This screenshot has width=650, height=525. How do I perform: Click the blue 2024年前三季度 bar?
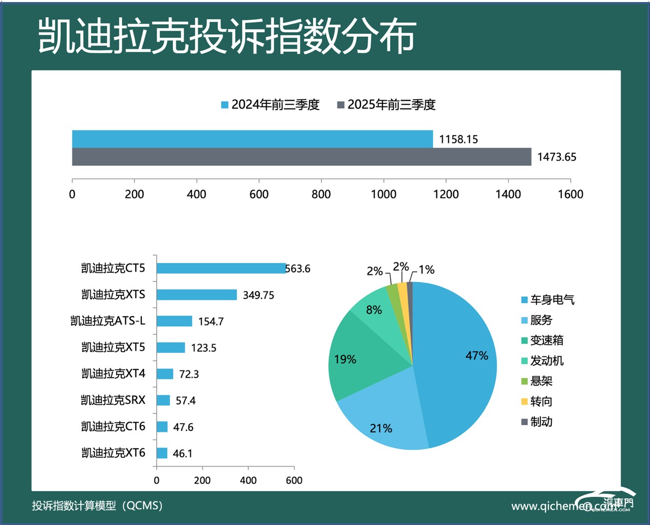[252, 139]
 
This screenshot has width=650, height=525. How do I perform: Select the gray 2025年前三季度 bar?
[301, 157]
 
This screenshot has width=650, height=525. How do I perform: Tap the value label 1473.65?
[556, 157]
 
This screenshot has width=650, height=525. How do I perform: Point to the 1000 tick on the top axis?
[383, 194]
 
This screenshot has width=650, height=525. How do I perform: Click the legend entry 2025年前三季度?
[386, 105]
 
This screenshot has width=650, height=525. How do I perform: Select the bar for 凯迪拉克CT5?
[221, 268]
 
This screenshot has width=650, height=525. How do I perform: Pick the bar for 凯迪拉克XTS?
[197, 295]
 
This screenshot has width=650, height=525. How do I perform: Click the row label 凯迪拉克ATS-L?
[108, 321]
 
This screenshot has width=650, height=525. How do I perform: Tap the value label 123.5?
[204, 348]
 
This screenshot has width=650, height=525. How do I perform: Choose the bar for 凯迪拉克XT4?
[165, 374]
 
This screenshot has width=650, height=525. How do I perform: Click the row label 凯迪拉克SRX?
[113, 400]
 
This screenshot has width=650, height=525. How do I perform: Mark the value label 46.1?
[182, 453]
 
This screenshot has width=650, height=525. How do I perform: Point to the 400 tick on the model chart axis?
[248, 480]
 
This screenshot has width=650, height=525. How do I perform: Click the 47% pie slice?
[461, 363]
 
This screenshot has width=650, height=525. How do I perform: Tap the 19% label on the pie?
[345, 360]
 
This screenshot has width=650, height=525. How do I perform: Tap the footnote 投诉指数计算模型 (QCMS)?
[97, 506]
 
